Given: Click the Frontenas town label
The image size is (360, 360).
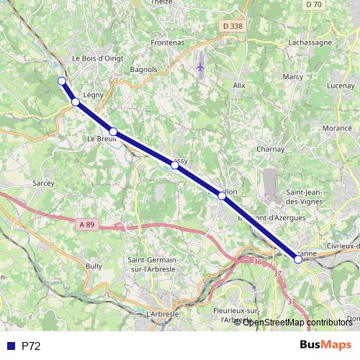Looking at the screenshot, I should click(167, 42).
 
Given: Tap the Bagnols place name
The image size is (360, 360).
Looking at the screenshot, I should click(145, 69).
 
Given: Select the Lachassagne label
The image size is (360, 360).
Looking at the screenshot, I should click(310, 42).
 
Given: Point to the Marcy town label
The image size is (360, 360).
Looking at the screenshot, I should click(293, 76).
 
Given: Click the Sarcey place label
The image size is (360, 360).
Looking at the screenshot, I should click(43, 184).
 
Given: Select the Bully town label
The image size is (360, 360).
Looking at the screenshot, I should click(94, 266).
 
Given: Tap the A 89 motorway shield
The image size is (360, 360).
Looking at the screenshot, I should click(86, 225).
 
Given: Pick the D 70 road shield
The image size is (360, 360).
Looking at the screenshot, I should click(312, 4).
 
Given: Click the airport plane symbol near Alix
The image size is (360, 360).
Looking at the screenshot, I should click(200, 67).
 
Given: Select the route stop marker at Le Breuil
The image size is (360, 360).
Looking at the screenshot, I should click(113, 131).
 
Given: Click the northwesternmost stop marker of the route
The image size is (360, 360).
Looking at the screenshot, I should click(61, 81).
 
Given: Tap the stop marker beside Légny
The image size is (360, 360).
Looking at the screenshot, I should click(76, 102).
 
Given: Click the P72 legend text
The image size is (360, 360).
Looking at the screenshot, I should click(31, 346).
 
